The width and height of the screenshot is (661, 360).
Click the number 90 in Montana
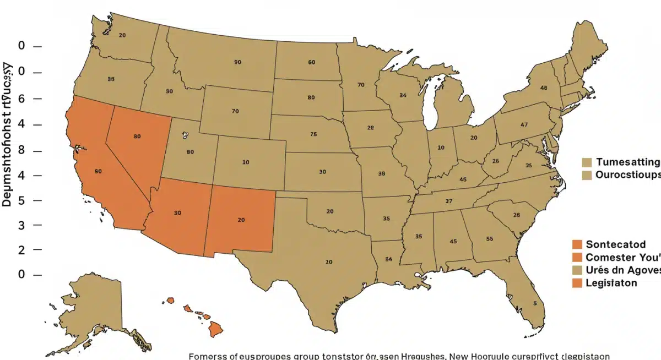click(237, 62)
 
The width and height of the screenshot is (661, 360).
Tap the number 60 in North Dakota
click(312, 62)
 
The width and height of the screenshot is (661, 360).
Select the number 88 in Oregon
click(111, 79)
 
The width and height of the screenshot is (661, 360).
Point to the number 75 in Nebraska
click(313, 134)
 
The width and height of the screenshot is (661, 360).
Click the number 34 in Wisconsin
click(403, 95)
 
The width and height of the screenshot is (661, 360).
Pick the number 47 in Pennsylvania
click(524, 124)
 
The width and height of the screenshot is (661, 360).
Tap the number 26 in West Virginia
click(495, 161)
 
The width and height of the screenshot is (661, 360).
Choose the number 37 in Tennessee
click(449, 201)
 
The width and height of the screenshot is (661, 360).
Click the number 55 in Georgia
click(490, 239)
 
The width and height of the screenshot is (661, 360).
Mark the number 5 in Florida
click(534, 303)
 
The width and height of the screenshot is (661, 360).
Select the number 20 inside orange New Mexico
click(241, 220)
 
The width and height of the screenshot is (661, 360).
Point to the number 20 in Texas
click(329, 262)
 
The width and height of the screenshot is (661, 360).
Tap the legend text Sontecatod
click(615, 244)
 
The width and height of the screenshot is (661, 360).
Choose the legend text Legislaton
click(611, 282)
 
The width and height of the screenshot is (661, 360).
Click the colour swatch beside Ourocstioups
click(587, 174)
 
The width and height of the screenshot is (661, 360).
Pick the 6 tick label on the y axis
click(22, 99)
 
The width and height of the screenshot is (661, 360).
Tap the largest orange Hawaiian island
click(215, 330)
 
